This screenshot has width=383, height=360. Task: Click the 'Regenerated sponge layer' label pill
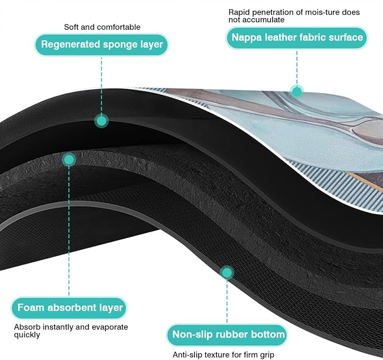click(x=102, y=45)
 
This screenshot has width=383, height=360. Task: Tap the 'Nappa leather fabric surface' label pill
click(x=297, y=38)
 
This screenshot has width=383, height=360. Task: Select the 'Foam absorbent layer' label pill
click(x=69, y=308)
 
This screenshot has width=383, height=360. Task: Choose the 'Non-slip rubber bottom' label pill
click(x=227, y=335)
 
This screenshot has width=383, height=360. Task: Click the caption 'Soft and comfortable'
click(x=102, y=27)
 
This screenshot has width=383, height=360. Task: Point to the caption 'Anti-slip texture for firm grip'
click(x=223, y=354)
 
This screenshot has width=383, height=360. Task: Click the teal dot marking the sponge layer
click(x=102, y=121)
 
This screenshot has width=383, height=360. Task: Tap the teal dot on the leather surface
click(x=297, y=91)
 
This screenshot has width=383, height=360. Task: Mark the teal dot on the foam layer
click(x=69, y=160)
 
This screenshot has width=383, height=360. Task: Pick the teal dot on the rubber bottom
click(x=227, y=273)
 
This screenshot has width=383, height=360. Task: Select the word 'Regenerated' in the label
click(x=71, y=45)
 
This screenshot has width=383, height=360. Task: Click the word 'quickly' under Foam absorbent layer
click(x=27, y=335)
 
